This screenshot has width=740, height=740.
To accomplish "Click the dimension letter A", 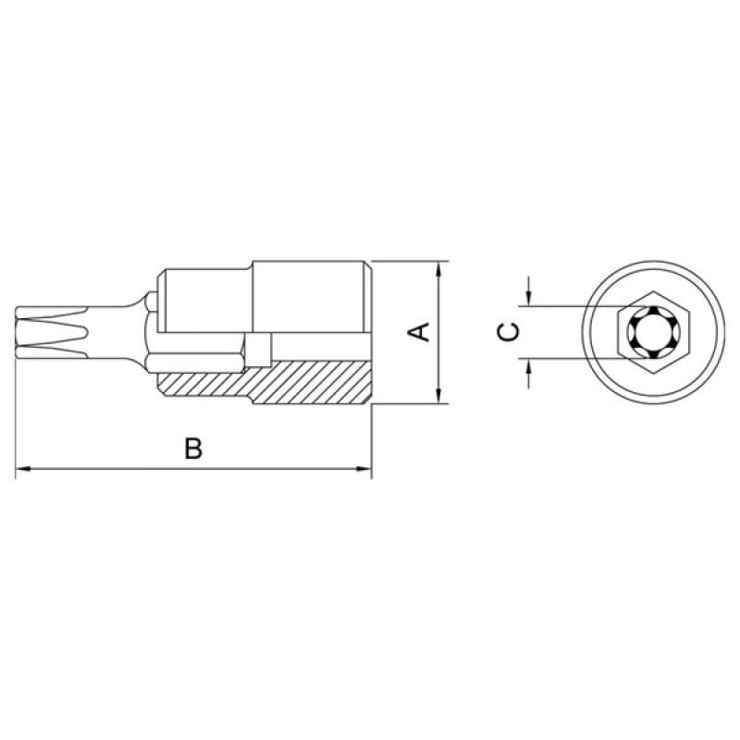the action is click(x=419, y=332).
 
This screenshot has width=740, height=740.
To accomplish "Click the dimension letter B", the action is click(x=193, y=449).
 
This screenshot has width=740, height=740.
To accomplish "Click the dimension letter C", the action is click(x=508, y=332).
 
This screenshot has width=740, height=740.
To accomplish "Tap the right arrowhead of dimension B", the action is click(x=364, y=469).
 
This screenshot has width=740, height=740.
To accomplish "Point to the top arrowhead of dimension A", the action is click(x=439, y=269).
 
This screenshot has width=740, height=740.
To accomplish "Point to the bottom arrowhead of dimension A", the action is click(x=439, y=396).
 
